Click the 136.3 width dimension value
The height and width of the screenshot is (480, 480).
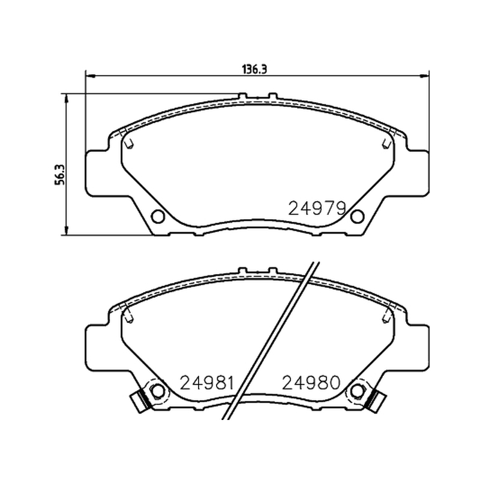(254, 70)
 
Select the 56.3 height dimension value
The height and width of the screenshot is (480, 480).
(60, 175)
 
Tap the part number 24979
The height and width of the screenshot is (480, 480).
(317, 208)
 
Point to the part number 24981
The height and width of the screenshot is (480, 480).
(207, 383)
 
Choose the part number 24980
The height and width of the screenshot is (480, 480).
(311, 382)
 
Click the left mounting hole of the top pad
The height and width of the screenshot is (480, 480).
(158, 217)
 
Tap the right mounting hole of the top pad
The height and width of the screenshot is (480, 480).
(357, 217)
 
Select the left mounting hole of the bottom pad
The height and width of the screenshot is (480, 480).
(158, 391)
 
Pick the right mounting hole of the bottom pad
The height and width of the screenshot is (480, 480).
(357, 391)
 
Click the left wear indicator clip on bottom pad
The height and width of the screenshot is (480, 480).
(140, 401)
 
